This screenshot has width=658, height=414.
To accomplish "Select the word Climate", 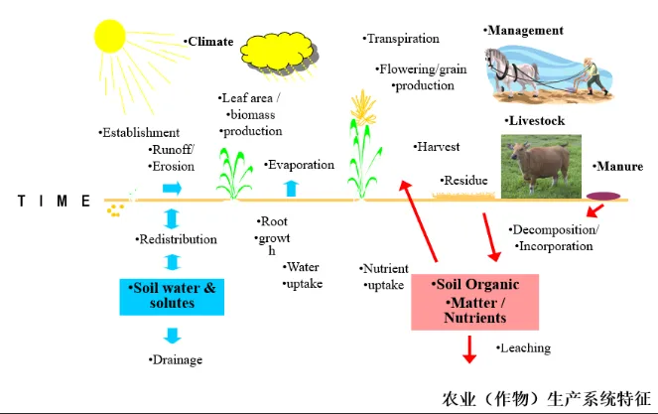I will [210, 42].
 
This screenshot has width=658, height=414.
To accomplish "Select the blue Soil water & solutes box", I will [174, 295].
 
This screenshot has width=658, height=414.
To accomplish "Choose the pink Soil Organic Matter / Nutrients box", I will [474, 302].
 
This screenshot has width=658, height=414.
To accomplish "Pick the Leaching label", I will [525, 348].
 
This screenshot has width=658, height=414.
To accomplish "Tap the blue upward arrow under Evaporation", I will [291, 188].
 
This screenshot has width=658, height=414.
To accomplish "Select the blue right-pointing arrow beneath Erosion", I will [173, 188].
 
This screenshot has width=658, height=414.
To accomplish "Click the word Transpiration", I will [402, 39].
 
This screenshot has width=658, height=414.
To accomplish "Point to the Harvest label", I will [438, 147].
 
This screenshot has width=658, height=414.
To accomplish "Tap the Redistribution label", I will [176, 239].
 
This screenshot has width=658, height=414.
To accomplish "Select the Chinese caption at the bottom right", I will [544, 401].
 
